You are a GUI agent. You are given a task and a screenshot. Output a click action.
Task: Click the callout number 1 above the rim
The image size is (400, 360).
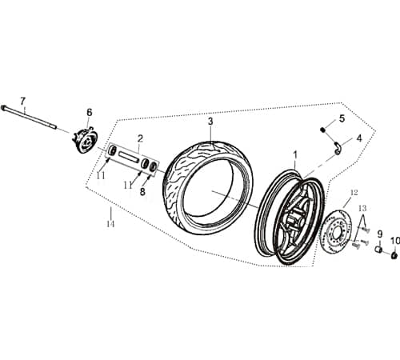[x=294, y=153]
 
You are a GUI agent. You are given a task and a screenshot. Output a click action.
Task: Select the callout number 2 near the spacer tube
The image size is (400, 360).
[x=139, y=138]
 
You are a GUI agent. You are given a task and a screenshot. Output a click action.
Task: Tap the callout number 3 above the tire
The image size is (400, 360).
[x=210, y=122]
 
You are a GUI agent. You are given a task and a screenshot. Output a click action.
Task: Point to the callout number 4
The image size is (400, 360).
[x=358, y=138]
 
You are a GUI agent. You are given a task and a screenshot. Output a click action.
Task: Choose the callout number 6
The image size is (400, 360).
[x=90, y=112]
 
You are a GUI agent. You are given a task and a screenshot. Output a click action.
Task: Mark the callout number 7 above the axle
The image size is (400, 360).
[x=23, y=101]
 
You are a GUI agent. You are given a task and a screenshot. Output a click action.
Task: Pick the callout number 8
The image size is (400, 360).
[x=142, y=192]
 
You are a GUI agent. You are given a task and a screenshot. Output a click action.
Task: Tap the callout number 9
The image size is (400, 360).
[x=380, y=234]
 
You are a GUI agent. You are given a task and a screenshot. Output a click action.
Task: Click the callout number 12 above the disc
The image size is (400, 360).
[x=353, y=192]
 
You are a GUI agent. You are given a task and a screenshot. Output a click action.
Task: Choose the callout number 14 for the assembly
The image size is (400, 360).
[x=110, y=224]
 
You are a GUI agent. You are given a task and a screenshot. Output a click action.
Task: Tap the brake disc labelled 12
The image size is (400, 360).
[x=341, y=232]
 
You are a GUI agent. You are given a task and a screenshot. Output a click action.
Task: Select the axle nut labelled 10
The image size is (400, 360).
[x=394, y=255]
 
